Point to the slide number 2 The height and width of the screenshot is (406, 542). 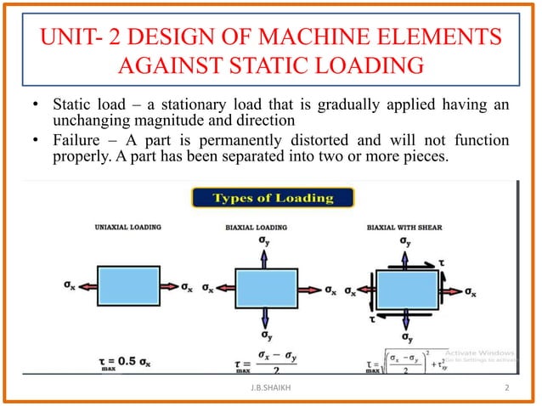(506, 390)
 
